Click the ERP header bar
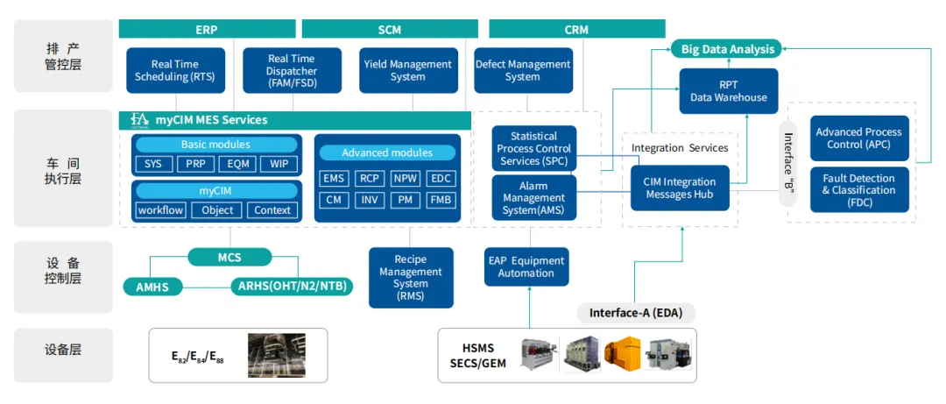(206, 30)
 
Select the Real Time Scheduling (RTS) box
(175, 71)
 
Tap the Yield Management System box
(408, 71)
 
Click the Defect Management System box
(522, 71)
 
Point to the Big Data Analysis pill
(728, 49)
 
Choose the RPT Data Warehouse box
(728, 91)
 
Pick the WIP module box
(279, 164)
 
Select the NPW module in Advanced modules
(406, 178)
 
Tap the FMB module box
(441, 200)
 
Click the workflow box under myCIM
(160, 210)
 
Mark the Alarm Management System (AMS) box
(533, 198)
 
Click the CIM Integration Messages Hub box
(680, 188)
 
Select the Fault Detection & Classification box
(858, 189)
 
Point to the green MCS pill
(229, 258)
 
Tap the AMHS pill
(152, 287)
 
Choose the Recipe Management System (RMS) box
(411, 278)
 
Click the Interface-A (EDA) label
(636, 313)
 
